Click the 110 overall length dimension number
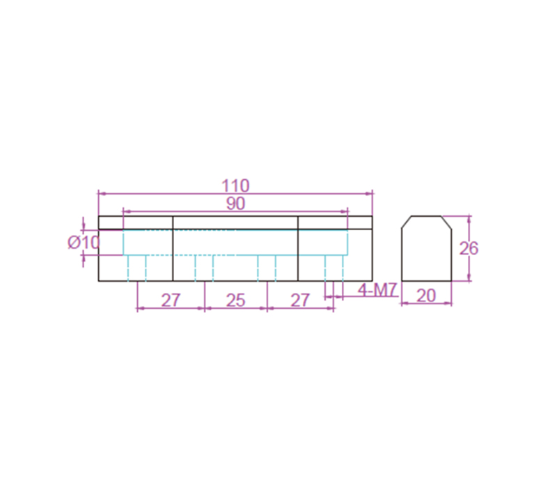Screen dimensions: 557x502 click(235, 185)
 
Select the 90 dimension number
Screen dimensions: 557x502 click(235, 204)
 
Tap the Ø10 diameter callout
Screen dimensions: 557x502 click(84, 243)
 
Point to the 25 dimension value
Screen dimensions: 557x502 click(235, 301)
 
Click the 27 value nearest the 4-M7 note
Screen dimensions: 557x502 click(300, 301)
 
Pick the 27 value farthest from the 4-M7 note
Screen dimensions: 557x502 click(171, 301)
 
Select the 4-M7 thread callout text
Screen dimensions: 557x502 click(377, 290)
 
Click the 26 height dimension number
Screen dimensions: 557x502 click(469, 248)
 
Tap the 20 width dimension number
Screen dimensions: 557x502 click(426, 296)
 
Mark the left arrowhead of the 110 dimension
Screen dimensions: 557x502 click(102, 194)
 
